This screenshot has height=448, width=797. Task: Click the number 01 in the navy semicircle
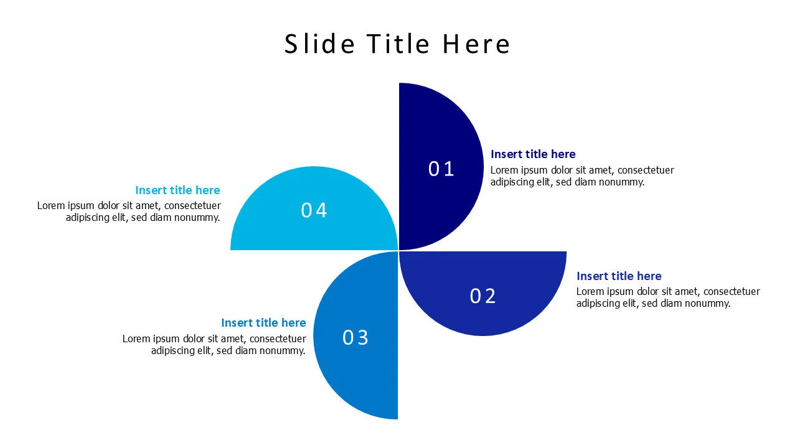(441, 169)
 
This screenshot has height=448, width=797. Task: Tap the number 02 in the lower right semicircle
(483, 296)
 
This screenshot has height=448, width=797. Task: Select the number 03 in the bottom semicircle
(356, 337)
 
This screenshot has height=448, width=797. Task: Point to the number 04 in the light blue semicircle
(314, 210)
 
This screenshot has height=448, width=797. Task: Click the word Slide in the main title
(319, 44)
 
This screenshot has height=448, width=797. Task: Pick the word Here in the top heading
(476, 44)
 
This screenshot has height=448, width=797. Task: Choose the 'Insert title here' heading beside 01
(533, 154)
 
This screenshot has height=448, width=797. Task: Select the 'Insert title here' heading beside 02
(619, 276)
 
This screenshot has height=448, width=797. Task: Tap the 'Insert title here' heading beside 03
(263, 322)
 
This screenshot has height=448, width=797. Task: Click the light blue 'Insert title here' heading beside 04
(177, 190)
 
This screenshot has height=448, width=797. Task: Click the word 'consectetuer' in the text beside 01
(646, 170)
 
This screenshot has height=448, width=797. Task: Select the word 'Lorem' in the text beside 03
(136, 338)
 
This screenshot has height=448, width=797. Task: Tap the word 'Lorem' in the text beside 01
(504, 170)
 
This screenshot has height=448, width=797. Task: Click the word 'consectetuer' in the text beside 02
(732, 292)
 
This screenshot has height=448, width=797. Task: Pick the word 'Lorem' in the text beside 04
(51, 205)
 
